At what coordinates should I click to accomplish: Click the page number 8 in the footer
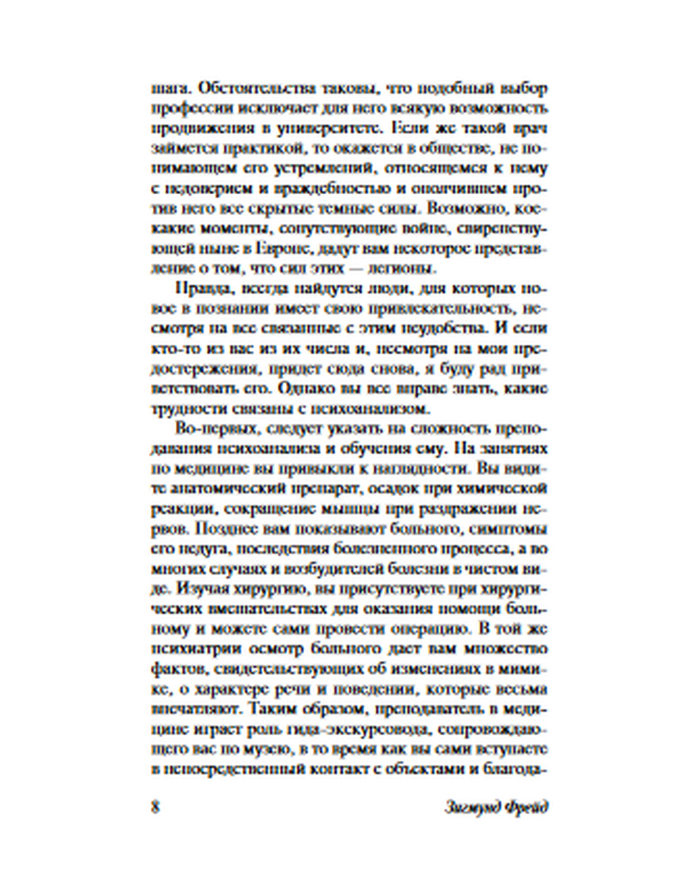[156, 807]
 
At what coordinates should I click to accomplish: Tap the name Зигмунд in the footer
[474, 807]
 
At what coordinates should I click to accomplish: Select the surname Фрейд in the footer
[528, 807]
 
